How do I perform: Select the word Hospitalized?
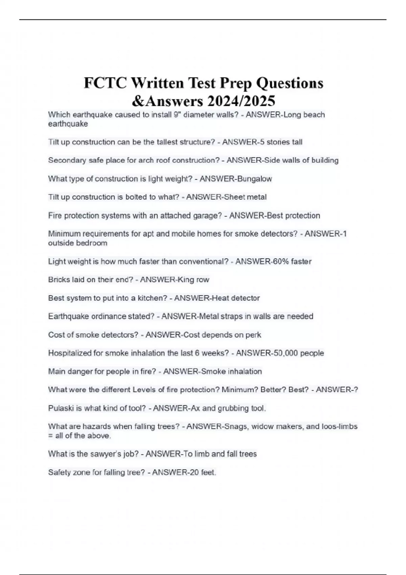(x=70, y=353)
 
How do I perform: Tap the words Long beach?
(x=304, y=115)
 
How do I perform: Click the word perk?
(x=253, y=335)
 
